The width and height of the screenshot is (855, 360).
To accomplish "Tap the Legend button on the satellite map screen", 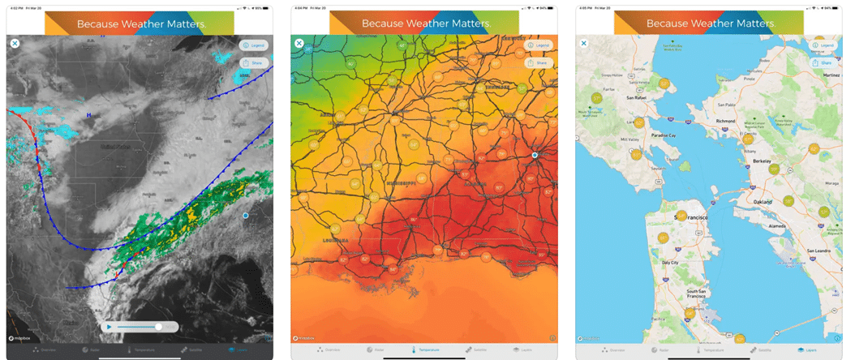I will tap(254, 45).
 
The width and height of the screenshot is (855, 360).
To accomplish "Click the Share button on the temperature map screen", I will tap(539, 62).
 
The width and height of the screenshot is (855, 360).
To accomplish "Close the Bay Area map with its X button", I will tap(583, 43).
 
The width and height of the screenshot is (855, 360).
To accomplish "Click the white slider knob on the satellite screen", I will tap(159, 327).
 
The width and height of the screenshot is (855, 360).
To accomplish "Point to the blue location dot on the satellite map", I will tap(245, 216).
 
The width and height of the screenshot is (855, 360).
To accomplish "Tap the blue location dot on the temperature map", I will tap(535, 155).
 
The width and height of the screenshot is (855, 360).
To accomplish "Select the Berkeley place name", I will tap(762, 161).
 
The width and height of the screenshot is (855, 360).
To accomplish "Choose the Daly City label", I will tap(670, 263).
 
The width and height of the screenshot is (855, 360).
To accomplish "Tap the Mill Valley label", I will tap(629, 140).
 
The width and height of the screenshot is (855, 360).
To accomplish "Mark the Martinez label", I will tap(831, 75).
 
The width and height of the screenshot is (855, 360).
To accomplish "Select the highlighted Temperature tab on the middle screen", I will tap(425, 349).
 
